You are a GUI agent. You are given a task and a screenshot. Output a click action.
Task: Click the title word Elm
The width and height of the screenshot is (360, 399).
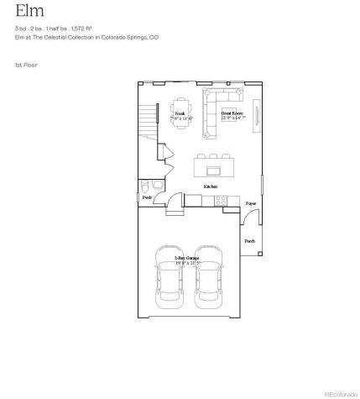click(x=26, y=12)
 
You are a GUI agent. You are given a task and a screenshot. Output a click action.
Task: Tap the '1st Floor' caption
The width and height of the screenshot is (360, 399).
click(x=26, y=65)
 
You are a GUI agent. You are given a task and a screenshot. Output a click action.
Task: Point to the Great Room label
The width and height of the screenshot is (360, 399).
click(x=232, y=112)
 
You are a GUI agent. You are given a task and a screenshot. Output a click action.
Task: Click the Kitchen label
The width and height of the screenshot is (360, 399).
click(x=211, y=186)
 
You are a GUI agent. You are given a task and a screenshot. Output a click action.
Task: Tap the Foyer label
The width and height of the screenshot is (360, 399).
click(x=250, y=204)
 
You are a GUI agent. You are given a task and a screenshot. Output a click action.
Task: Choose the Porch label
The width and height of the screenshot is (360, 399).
click(x=250, y=241)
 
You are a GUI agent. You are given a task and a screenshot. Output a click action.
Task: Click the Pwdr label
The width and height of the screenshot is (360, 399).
click(x=147, y=197)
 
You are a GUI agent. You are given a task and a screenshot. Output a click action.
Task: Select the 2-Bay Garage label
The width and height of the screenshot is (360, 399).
click(x=186, y=258)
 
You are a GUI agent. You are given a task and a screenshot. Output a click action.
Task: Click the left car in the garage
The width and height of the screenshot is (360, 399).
click(x=168, y=281)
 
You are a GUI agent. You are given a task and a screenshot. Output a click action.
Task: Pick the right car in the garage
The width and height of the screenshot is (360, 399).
click(x=209, y=281)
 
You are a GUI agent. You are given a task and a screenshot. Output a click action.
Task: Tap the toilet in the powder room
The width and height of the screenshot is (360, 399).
click(x=146, y=186)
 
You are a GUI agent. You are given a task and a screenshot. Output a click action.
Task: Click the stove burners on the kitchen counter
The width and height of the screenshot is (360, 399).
click(x=222, y=200)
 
